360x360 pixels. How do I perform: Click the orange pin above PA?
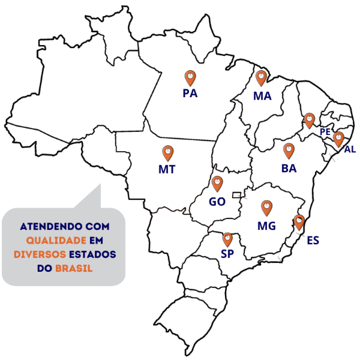click(x=190, y=78)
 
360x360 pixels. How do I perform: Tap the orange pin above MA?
click(x=261, y=78)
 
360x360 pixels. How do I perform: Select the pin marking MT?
click(x=168, y=152)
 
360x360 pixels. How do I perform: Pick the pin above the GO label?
click(x=217, y=184)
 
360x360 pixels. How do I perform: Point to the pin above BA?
click(x=289, y=151)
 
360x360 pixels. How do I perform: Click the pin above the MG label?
click(x=266, y=208)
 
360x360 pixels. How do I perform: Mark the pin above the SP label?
click(x=227, y=240)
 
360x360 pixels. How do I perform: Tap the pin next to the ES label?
click(x=299, y=223)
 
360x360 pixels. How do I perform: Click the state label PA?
click(x=190, y=94)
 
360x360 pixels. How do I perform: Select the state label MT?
click(x=167, y=169)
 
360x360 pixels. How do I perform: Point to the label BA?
click(x=289, y=169)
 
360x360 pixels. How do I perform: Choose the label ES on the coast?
click(x=313, y=241)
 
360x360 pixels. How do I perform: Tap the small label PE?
click(x=325, y=131)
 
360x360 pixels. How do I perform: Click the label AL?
click(x=350, y=149)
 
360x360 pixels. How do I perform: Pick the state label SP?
click(x=227, y=254)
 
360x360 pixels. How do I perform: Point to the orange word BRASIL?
click(x=74, y=268)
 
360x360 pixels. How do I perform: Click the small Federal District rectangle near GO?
click(x=237, y=194)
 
